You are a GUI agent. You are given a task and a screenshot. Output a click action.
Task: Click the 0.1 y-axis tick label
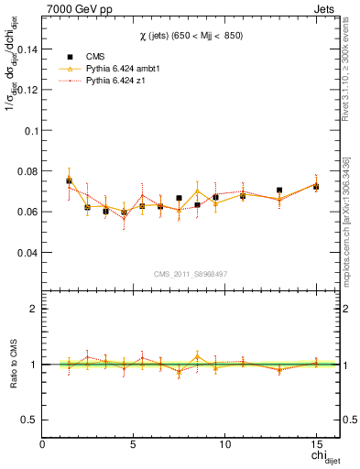[x=28, y=130]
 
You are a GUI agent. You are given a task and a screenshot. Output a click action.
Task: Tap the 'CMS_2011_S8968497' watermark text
[x=191, y=274]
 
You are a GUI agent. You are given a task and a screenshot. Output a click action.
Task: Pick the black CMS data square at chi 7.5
[x=180, y=198]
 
